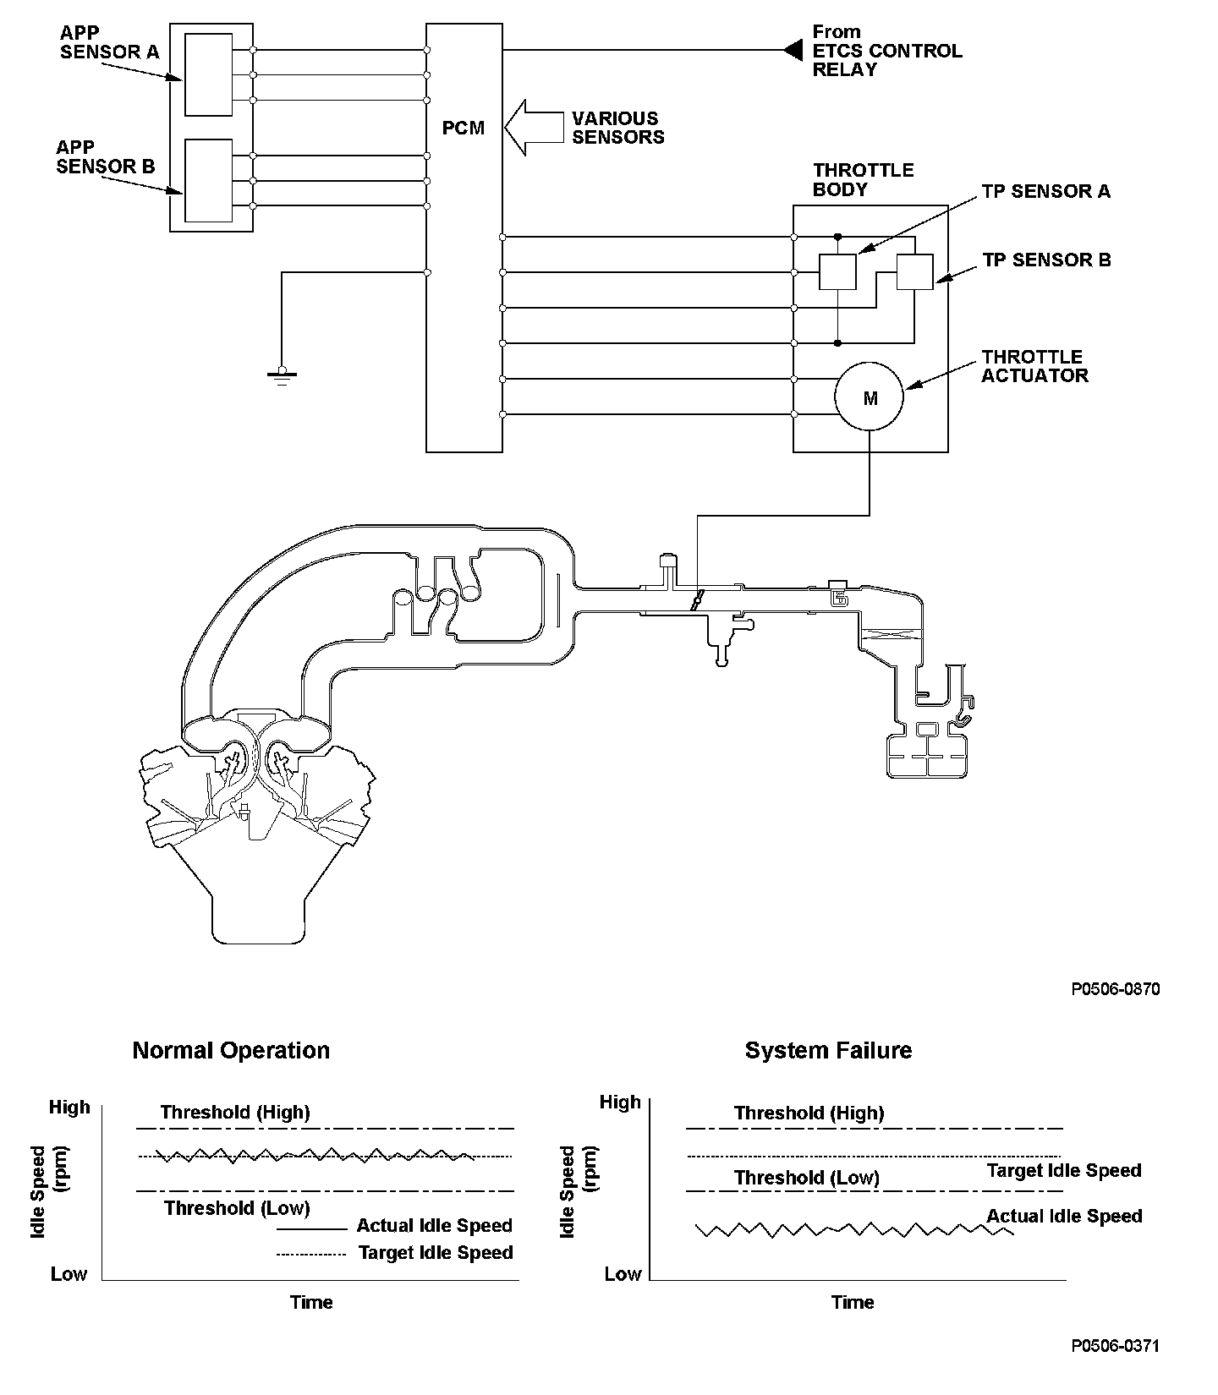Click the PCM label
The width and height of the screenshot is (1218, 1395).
[464, 129]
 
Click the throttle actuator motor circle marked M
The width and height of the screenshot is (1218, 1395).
[870, 398]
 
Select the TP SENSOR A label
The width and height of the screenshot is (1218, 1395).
[1045, 192]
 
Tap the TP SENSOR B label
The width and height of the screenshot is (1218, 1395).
[1046, 260]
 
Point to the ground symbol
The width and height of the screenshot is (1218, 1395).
[282, 375]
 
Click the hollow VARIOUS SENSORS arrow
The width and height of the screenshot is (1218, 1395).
[535, 128]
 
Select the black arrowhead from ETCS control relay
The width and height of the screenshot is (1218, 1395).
[793, 51]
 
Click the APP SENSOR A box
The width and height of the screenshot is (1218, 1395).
[208, 74]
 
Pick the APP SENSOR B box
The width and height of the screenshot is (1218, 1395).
[208, 180]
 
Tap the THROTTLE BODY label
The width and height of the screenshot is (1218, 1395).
[863, 179]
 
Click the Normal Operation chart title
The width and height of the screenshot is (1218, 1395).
[231, 1051]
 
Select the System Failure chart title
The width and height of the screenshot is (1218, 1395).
[828, 1051]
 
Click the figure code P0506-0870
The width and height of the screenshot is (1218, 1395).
[1115, 989]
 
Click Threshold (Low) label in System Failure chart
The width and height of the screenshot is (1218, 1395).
[806, 1178]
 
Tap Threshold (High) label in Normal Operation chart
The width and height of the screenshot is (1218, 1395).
[235, 1113]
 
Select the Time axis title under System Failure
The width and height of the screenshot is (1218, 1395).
[852, 1302]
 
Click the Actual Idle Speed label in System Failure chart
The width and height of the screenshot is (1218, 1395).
[1063, 1217]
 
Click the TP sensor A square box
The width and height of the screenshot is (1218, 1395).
[837, 271]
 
